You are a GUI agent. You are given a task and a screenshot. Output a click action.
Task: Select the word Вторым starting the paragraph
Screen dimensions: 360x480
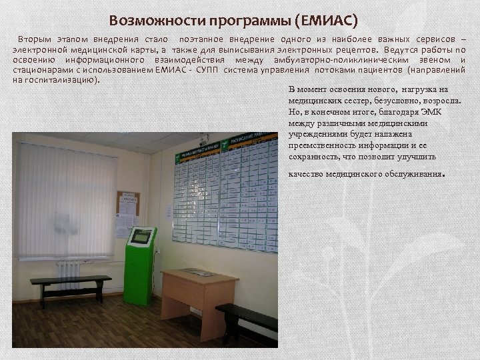pyautogui.click(x=36, y=39)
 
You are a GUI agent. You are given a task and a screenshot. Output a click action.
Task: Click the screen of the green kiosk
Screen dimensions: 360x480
pyautogui.click(x=141, y=236)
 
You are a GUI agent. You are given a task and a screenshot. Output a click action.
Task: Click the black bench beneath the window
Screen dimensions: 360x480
pyautogui.click(x=69, y=283)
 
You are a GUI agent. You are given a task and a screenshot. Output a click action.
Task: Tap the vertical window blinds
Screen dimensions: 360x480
pyautogui.click(x=65, y=200)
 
